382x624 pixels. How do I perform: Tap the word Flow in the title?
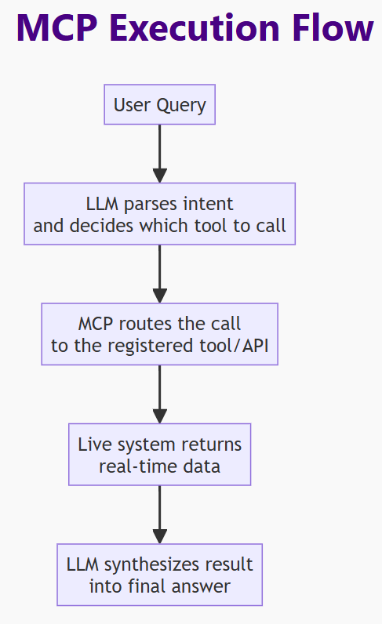pyautogui.click(x=333, y=27)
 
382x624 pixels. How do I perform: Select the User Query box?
pyautogui.click(x=160, y=104)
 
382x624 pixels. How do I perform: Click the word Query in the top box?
pyautogui.click(x=181, y=106)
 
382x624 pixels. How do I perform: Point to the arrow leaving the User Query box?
pyautogui.click(x=160, y=154)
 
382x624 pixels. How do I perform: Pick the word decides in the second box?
pyautogui.click(x=101, y=226)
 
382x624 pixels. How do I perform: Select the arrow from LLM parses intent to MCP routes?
pyautogui.click(x=160, y=274)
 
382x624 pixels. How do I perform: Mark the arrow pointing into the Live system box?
pyautogui.click(x=160, y=394)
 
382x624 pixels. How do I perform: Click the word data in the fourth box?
pyautogui.click(x=202, y=466)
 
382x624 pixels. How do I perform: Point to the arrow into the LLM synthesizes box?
pyautogui.click(x=160, y=514)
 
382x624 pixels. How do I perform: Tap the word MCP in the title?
pyautogui.click(x=57, y=28)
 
